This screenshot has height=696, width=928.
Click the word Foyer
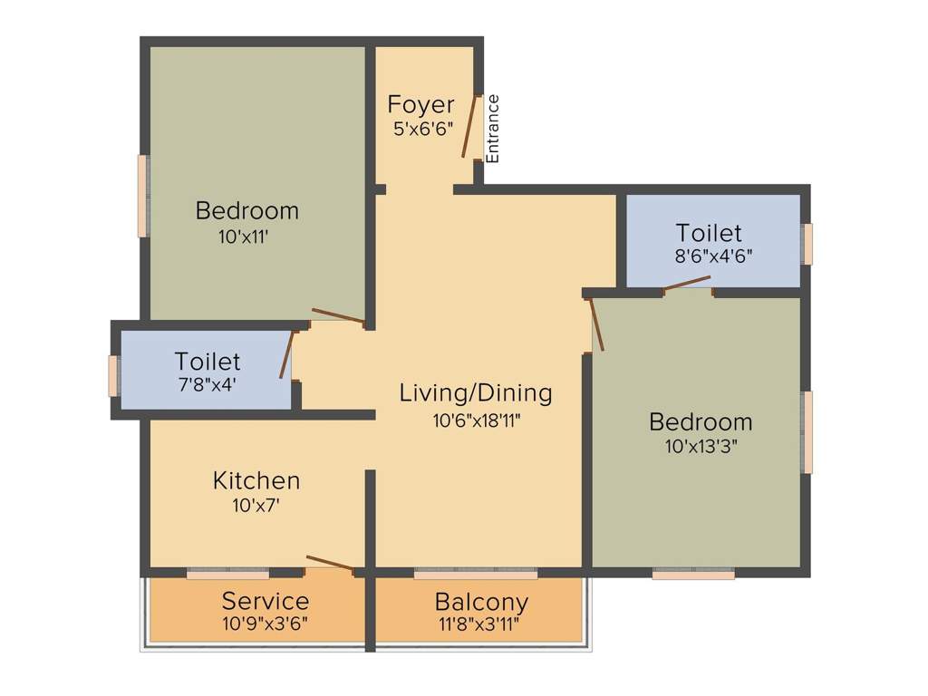coord(420,103)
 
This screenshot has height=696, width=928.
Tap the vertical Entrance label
coord(493,128)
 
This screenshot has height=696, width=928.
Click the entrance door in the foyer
coord(470,126)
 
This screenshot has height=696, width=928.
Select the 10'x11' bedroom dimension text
coord(245,237)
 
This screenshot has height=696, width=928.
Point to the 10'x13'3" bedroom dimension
coord(701,446)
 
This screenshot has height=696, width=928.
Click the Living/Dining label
coord(476,393)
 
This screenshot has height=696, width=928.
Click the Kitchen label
coord(256,480)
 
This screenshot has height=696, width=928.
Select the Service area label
coord(266,601)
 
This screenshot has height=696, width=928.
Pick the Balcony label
coord(481,602)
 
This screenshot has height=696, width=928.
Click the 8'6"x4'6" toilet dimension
coord(713,256)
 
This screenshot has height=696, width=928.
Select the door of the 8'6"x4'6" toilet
coord(686,284)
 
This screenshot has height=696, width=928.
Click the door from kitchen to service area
coord(329,563)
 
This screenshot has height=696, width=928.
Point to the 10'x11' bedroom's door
coord(338,316)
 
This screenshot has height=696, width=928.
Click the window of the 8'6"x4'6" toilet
coord(807,244)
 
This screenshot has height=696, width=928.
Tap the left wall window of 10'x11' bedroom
coord(142,196)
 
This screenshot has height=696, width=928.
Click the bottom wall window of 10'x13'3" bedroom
coord(693,574)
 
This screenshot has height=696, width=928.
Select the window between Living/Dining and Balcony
coord(475,574)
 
